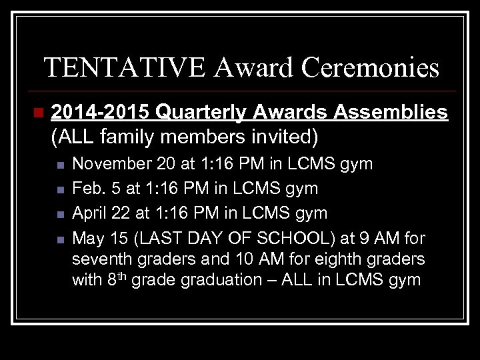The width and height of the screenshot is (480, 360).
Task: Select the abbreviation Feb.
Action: (87, 189)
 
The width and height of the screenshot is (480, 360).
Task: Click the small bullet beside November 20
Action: (60, 165)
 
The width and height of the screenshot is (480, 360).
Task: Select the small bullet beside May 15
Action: (60, 239)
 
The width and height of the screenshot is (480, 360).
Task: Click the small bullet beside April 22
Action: (60, 214)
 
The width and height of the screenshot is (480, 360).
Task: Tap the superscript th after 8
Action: (121, 275)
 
